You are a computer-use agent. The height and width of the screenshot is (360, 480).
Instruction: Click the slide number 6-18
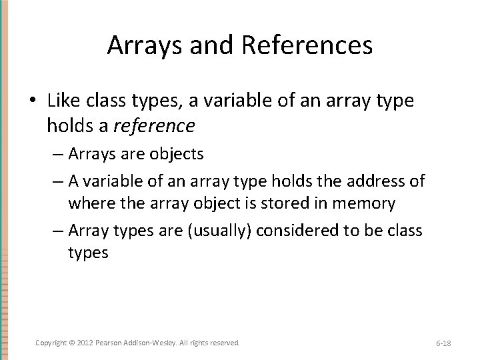pyautogui.click(x=443, y=343)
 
